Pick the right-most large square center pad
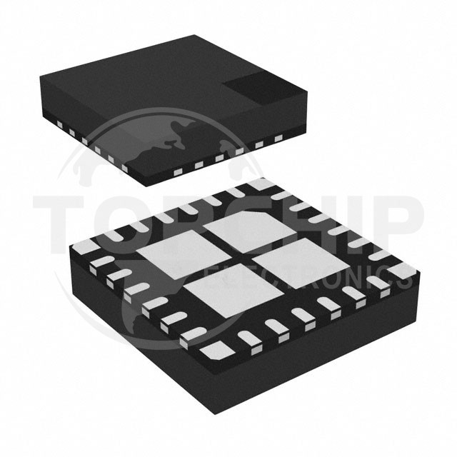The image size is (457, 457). tap(293, 260)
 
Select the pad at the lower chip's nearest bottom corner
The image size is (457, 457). tap(212, 350)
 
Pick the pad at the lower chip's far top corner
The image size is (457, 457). tap(259, 184)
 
